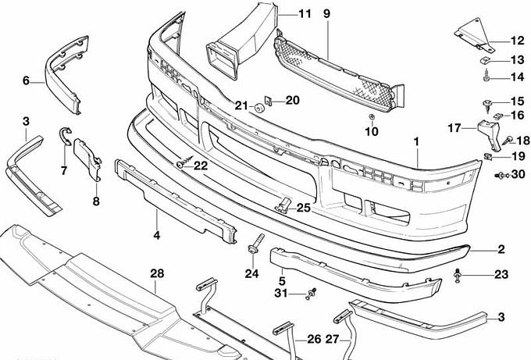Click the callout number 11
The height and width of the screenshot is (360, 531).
305,13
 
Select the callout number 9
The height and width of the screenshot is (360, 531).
326,13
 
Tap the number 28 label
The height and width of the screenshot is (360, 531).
158,273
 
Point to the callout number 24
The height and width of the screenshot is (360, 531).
251,273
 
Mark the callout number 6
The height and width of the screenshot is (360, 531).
26,80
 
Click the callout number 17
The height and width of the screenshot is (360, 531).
455,127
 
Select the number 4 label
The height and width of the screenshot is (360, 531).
156,234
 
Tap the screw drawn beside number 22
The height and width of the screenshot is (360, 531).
183,163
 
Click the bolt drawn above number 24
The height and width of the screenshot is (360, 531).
255,244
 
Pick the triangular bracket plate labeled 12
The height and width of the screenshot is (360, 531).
470,35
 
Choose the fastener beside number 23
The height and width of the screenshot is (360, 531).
458,274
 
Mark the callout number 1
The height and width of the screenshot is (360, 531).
417,143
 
